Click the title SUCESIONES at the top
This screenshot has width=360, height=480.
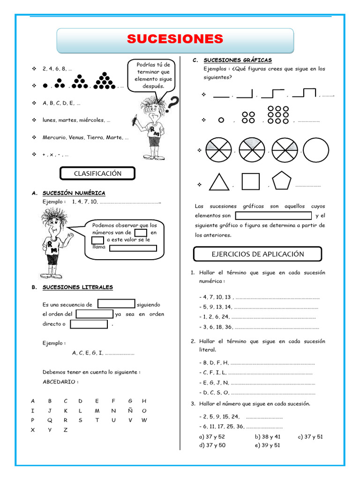click(175, 39)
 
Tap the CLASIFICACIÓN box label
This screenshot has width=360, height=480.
click(97, 173)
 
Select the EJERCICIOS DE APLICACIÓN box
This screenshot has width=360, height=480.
click(257, 254)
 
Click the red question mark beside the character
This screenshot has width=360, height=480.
click(172, 103)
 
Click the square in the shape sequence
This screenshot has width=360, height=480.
click(250, 182)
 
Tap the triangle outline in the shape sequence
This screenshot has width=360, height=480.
click(219, 182)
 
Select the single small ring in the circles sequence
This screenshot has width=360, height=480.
click(221, 120)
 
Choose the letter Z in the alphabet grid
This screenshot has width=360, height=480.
click(66, 430)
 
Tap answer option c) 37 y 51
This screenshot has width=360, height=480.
click(310, 436)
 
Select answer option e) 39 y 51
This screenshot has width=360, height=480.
click(267, 445)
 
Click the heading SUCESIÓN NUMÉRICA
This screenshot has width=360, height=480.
click(74, 193)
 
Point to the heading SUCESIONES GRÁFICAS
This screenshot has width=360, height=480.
click(238, 60)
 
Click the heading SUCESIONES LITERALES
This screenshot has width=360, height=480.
click(77, 287)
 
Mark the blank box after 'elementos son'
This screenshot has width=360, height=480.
click(273, 216)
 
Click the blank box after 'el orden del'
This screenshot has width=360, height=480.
click(94, 314)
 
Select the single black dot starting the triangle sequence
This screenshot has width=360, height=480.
click(45, 86)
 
